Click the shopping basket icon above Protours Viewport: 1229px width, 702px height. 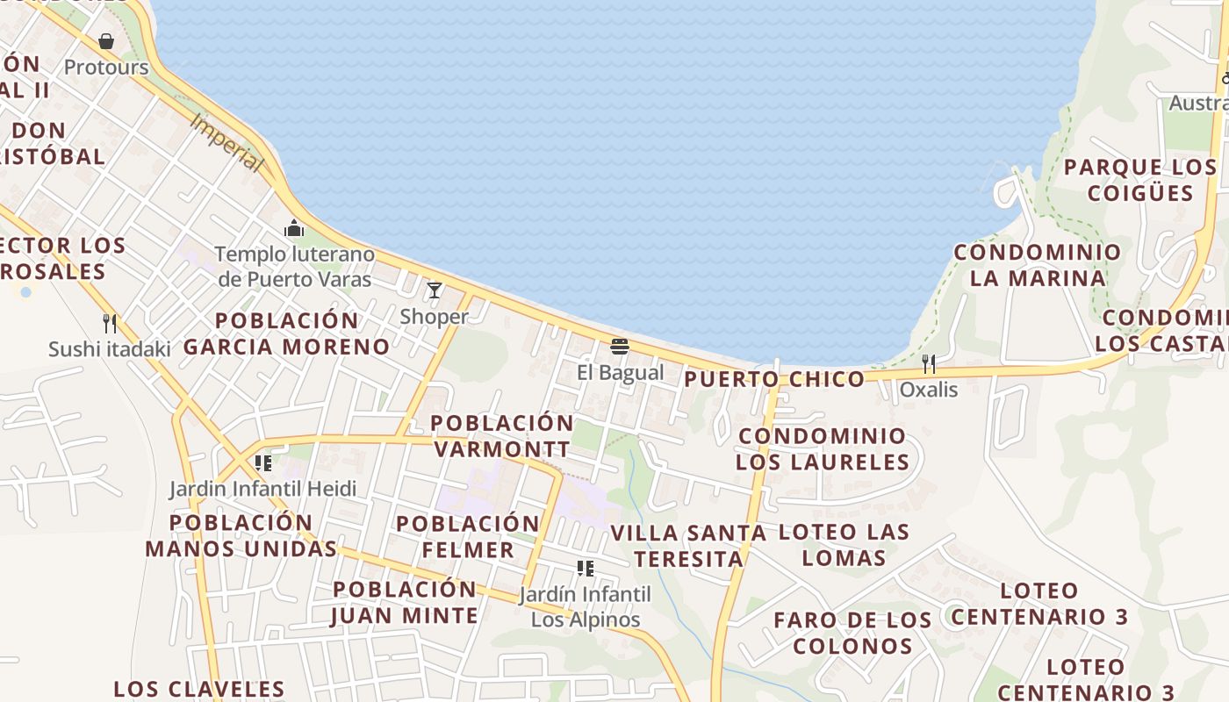click(106, 41)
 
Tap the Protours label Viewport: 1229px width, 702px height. click(106, 68)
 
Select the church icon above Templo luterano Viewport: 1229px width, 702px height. click(294, 229)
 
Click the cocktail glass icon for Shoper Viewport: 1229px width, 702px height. click(435, 290)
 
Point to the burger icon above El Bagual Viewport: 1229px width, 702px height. click(620, 347)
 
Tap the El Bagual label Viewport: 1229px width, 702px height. click(620, 372)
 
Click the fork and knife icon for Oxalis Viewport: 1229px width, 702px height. click(928, 363)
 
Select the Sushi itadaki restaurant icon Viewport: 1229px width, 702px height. click(110, 323)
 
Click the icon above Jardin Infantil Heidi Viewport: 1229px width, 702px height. click(262, 462)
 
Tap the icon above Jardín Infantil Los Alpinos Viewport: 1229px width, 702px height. click(586, 569)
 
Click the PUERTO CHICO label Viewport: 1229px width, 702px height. click(774, 379)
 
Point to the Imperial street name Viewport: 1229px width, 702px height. click(226, 143)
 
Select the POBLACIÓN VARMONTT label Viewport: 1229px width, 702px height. click(501, 436)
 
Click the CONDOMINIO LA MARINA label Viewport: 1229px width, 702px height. click(1038, 265)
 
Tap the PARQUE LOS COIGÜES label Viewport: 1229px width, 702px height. click(1139, 180)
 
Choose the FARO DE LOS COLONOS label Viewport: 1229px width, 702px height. click(852, 633)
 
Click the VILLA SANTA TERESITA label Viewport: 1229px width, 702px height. click(688, 546)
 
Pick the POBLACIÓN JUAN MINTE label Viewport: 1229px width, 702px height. click(405, 602)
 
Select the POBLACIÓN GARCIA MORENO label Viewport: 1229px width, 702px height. click(286, 333)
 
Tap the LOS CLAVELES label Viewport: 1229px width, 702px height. click(199, 689)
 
